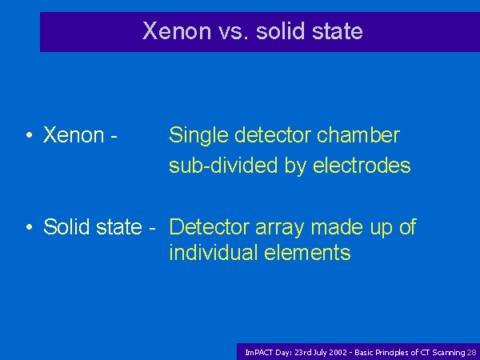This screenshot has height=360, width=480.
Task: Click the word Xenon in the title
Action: pos(177,30)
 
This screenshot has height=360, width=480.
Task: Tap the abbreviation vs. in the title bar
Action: pos(234,31)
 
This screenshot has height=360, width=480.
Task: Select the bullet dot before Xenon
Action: pos(30,134)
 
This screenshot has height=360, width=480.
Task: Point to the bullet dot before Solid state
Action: pos(30,227)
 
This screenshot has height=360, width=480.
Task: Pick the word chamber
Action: pos(358,134)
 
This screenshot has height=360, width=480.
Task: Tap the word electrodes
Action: pos(362,166)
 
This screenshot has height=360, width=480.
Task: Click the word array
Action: pos(279,228)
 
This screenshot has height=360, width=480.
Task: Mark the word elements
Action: pos(307,252)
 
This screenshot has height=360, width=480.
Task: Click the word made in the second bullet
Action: pos(337,226)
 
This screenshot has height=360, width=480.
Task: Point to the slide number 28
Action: pos(471,353)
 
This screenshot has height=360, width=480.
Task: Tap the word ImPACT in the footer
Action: pos(259,353)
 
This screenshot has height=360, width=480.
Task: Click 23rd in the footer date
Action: pos(300,353)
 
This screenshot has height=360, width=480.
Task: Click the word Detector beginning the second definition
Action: pos(210,226)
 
